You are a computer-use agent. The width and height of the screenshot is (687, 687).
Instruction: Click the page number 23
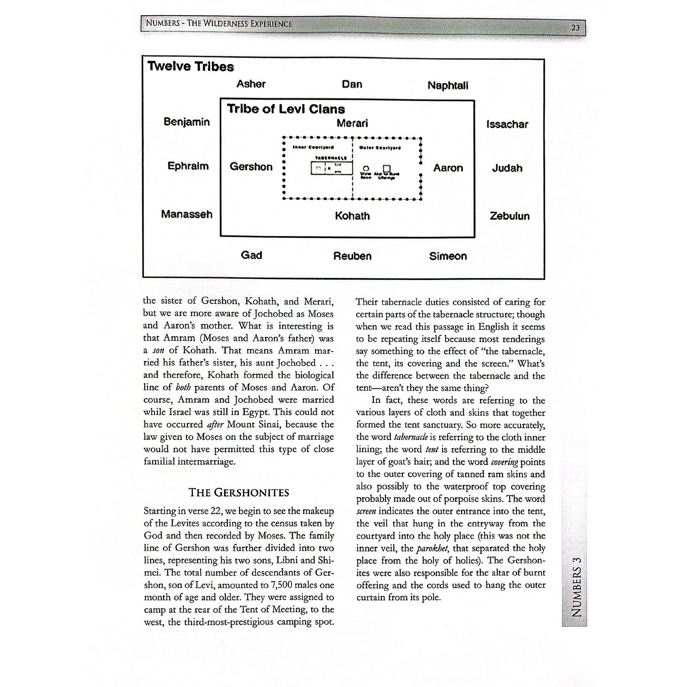tap(575, 28)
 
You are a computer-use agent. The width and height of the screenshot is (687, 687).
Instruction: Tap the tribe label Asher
tap(251, 84)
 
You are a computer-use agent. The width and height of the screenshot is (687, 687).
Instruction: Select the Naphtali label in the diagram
tap(447, 86)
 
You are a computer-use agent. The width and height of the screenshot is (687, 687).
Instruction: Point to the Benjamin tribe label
tap(186, 122)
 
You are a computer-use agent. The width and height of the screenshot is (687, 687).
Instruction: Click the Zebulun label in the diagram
tap(510, 216)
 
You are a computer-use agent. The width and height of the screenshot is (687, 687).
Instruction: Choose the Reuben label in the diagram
tap(352, 256)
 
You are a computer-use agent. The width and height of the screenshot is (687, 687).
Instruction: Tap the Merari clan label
tap(352, 124)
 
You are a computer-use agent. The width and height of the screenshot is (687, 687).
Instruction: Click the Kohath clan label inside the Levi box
tap(352, 216)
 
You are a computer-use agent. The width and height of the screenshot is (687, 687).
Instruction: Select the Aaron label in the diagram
tap(448, 168)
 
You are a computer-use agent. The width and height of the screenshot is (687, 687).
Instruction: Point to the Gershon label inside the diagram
tap(251, 167)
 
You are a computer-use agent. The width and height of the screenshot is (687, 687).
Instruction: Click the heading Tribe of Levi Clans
tap(286, 109)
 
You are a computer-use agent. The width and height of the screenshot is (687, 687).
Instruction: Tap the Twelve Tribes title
tap(191, 67)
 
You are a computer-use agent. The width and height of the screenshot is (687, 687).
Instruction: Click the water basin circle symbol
tap(366, 168)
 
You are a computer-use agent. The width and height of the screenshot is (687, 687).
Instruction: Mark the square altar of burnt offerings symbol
tap(387, 168)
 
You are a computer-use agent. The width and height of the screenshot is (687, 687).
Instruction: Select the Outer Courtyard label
tap(380, 147)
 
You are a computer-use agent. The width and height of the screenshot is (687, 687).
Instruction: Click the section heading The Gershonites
tap(239, 493)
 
